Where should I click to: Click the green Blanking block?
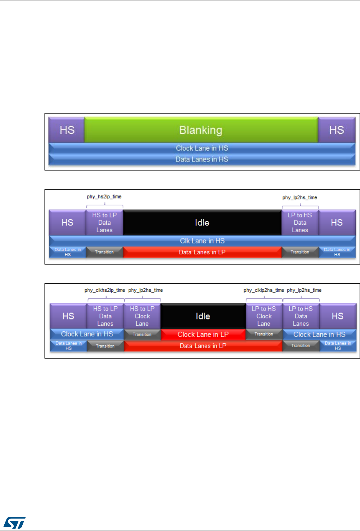201,130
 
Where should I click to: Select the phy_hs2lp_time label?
104,197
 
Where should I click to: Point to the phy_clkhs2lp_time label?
105,290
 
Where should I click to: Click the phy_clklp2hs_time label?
264,290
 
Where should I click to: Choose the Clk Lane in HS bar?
202,241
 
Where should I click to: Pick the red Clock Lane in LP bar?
203,334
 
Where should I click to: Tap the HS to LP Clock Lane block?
142,316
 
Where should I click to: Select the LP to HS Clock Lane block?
264,316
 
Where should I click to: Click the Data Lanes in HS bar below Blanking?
202,159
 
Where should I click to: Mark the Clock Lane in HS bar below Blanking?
202,148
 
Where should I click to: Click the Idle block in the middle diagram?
202,223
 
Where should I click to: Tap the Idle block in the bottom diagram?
203,316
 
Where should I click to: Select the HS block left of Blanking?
67,130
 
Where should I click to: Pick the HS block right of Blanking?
336,130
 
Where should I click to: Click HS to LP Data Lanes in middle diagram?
104,222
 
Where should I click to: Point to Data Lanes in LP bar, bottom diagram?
203,346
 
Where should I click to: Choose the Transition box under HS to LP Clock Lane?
142,334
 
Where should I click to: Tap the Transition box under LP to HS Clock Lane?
264,334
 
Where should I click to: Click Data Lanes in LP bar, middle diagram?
202,252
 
